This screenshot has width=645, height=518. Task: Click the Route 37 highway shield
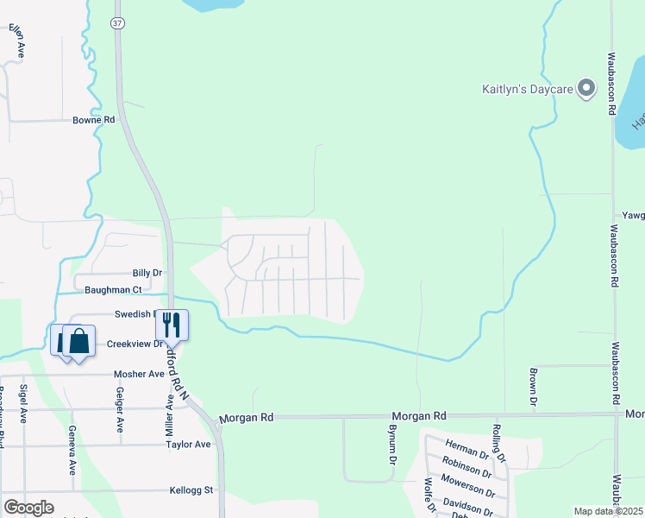coord(117,23)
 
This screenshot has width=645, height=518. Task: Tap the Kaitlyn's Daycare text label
coord(527,89)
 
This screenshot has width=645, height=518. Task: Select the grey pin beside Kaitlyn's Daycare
coord(586,88)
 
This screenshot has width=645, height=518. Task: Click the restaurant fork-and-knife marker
coord(172,324)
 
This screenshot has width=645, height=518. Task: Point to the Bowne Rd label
coord(93,120)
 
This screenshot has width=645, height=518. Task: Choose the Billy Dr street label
coord(147,273)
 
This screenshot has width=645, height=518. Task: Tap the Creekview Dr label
coord(135,344)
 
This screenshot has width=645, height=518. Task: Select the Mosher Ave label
coord(139,375)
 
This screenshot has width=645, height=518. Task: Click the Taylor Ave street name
coord(189,445)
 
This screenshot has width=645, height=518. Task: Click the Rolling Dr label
coord(498,443)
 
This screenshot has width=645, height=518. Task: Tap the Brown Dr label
coord(534,388)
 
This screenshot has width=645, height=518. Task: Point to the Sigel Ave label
coord(24,404)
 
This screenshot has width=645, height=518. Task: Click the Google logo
coord(28,508)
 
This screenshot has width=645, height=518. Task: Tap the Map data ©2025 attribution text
coord(609,511)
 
